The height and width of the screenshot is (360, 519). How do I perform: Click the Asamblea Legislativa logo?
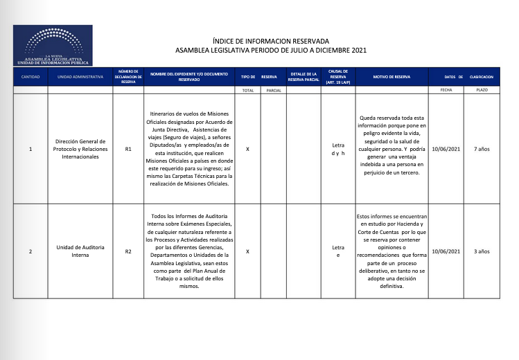[53, 46]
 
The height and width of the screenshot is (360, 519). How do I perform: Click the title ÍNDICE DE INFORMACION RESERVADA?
[271, 42]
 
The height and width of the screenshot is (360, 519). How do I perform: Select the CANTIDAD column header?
[30, 76]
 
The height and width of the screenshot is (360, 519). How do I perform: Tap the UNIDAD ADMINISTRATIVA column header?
[80, 76]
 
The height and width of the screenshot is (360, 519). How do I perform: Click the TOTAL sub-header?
[247, 90]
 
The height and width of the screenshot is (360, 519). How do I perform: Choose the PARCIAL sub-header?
[274, 90]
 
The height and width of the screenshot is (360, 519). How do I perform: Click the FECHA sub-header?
[446, 90]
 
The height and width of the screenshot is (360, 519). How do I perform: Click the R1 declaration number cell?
[128, 149]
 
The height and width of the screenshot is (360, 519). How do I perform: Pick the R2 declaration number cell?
[128, 251]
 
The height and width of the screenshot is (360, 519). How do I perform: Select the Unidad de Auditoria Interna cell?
[80, 251]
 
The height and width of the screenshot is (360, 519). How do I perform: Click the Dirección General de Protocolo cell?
[80, 149]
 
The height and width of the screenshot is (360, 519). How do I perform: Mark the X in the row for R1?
[247, 149]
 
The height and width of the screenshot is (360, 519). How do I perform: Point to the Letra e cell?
[338, 251]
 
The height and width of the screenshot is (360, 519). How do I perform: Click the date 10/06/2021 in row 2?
[446, 251]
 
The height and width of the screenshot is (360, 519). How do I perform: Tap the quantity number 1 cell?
[30, 149]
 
